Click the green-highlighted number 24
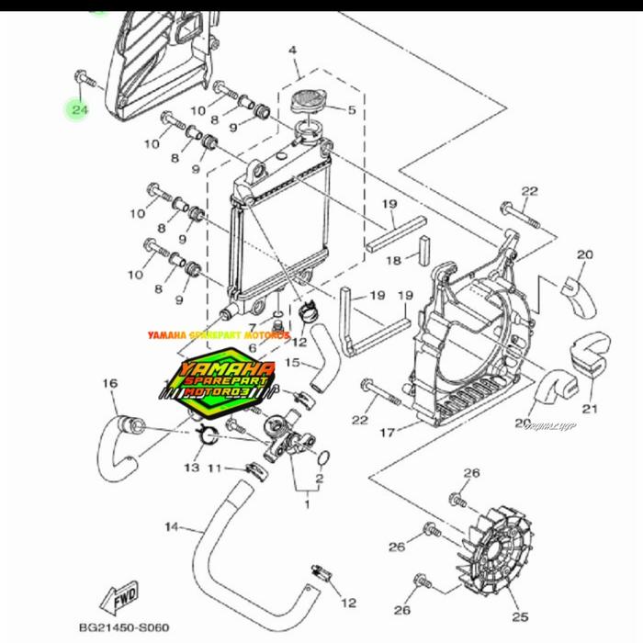click(x=79, y=110)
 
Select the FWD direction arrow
click(x=123, y=598)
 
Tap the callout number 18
click(x=393, y=261)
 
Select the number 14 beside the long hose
click(x=171, y=527)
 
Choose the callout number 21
click(x=589, y=409)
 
